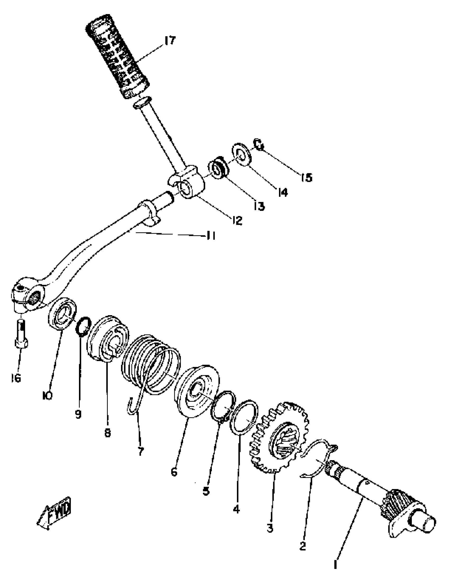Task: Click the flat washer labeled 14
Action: pyautogui.click(x=242, y=155)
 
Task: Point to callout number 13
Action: pyautogui.click(x=259, y=206)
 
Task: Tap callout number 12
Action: pyautogui.click(x=237, y=220)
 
